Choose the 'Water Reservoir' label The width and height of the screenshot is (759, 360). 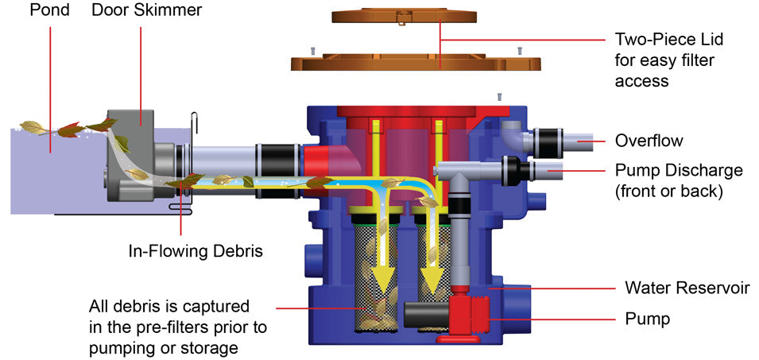coord(687,288)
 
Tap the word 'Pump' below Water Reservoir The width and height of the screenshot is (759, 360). coord(647,319)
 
